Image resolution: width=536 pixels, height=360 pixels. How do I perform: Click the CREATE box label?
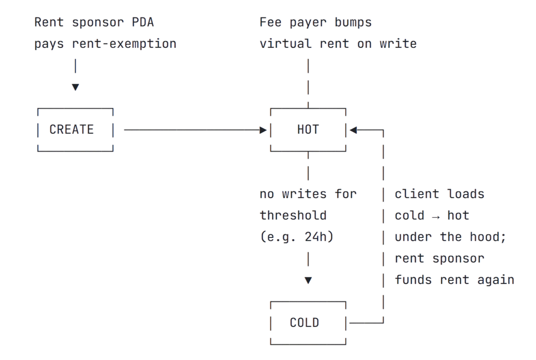pos(72,130)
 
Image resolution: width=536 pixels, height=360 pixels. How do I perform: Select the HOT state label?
pos(308,130)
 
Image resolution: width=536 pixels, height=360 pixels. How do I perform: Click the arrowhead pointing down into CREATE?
pos(75,88)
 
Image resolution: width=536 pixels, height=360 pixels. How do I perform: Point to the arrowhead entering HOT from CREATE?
pos(263,130)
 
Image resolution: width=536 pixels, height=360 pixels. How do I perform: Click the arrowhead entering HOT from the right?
pos(353,130)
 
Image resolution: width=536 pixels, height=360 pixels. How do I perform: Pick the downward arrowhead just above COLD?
pos(308,280)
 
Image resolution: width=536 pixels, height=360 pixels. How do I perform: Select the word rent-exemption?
pos(124,44)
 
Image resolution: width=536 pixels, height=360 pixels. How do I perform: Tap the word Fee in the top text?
pos(270,22)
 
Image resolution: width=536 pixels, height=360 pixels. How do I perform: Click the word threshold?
pos(293,216)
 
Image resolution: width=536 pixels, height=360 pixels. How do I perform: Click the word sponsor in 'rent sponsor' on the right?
pos(460,258)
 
